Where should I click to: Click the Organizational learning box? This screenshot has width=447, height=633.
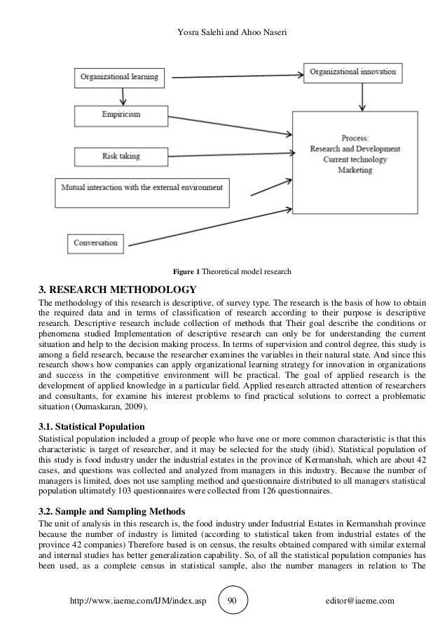(119, 75)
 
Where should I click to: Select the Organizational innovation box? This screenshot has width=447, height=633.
(353, 72)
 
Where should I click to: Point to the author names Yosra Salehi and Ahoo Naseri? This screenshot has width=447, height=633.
(223, 11)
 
